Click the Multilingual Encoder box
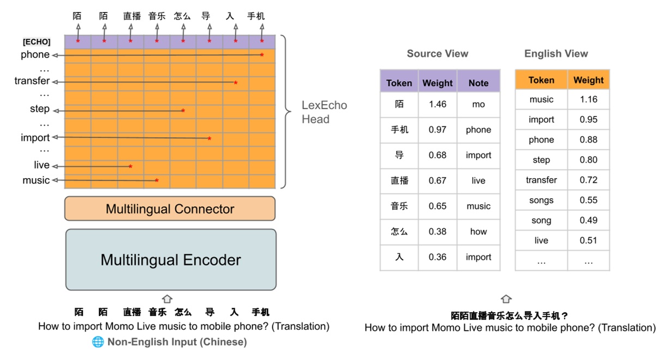(171, 260)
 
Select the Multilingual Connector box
(170, 209)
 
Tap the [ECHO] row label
(37, 42)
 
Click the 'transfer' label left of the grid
(32, 81)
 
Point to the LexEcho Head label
(324, 112)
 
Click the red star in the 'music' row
(157, 180)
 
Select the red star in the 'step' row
(183, 111)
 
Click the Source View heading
(437, 53)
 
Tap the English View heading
(556, 53)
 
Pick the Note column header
(478, 83)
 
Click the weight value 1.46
(437, 104)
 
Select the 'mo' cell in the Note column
(478, 104)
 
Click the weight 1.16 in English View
(588, 100)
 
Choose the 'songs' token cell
(541, 200)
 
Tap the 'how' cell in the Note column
(478, 231)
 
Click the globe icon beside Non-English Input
(98, 342)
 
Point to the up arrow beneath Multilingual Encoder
(167, 299)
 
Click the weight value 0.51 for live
(588, 241)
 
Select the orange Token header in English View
(541, 80)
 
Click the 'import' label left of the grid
(35, 138)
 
